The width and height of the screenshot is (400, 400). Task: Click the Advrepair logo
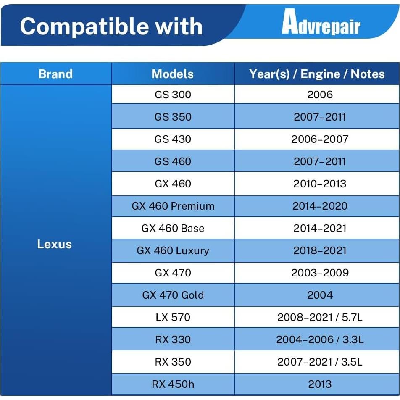pyautogui.click(x=321, y=22)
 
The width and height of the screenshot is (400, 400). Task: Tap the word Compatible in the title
pyautogui.click(x=84, y=26)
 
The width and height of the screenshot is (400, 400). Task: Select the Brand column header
pyautogui.click(x=55, y=74)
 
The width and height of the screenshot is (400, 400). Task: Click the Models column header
pyautogui.click(x=173, y=74)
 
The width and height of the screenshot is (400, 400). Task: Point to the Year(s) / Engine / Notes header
pyautogui.click(x=317, y=74)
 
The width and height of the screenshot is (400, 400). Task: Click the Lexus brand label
pyautogui.click(x=55, y=244)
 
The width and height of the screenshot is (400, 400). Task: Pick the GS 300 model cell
pyautogui.click(x=173, y=95)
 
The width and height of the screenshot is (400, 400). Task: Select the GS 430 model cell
pyautogui.click(x=173, y=139)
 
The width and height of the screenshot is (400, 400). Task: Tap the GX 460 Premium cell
pyautogui.click(x=173, y=206)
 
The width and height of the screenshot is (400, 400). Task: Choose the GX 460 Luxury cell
pyautogui.click(x=173, y=250)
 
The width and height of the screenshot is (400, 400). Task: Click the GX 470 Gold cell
pyautogui.click(x=173, y=295)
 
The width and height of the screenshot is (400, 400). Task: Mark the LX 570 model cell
pyautogui.click(x=173, y=317)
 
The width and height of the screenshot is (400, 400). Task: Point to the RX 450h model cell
pyautogui.click(x=173, y=384)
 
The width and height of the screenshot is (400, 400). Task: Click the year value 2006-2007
pyautogui.click(x=320, y=139)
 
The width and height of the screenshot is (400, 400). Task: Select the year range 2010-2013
pyautogui.click(x=320, y=184)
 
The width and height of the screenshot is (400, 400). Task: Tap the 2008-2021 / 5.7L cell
pyautogui.click(x=320, y=317)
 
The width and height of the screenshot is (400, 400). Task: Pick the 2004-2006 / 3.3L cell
pyautogui.click(x=320, y=339)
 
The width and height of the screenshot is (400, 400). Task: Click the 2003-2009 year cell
pyautogui.click(x=320, y=273)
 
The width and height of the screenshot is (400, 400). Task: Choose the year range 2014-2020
pyautogui.click(x=320, y=206)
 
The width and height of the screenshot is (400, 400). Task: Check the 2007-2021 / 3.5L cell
pyautogui.click(x=320, y=362)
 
